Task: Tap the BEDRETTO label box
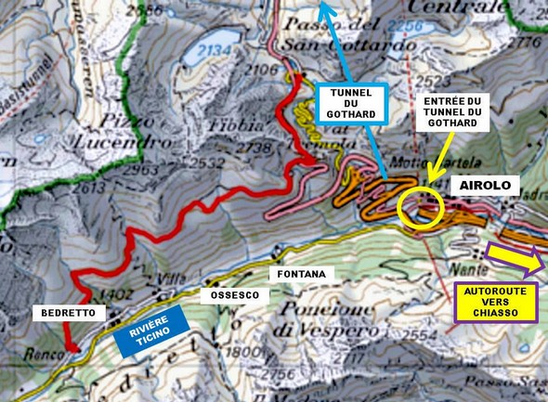click(x=65, y=314)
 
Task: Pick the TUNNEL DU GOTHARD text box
click(x=349, y=103)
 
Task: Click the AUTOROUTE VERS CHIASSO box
click(x=499, y=303)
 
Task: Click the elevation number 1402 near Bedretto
click(x=110, y=293)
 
